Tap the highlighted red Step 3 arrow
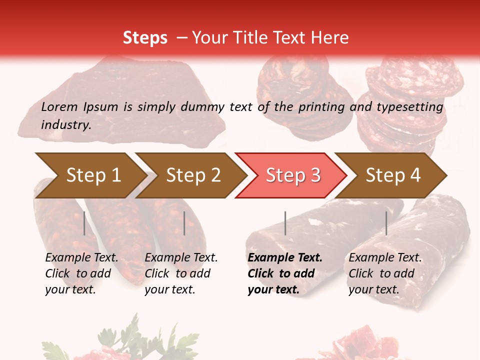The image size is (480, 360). [292, 175]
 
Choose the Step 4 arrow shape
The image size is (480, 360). [393, 175]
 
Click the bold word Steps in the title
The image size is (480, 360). [145, 38]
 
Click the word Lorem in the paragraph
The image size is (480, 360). [59, 106]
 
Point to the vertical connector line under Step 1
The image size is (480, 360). [84, 223]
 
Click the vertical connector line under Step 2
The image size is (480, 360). [184, 223]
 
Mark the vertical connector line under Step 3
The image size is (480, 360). [285, 223]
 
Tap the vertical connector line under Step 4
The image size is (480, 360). [386, 223]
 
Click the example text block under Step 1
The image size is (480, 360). [81, 273]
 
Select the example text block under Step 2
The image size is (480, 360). [181, 273]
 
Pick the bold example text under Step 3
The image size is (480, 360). [284, 273]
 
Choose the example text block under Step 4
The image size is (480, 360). [385, 273]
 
